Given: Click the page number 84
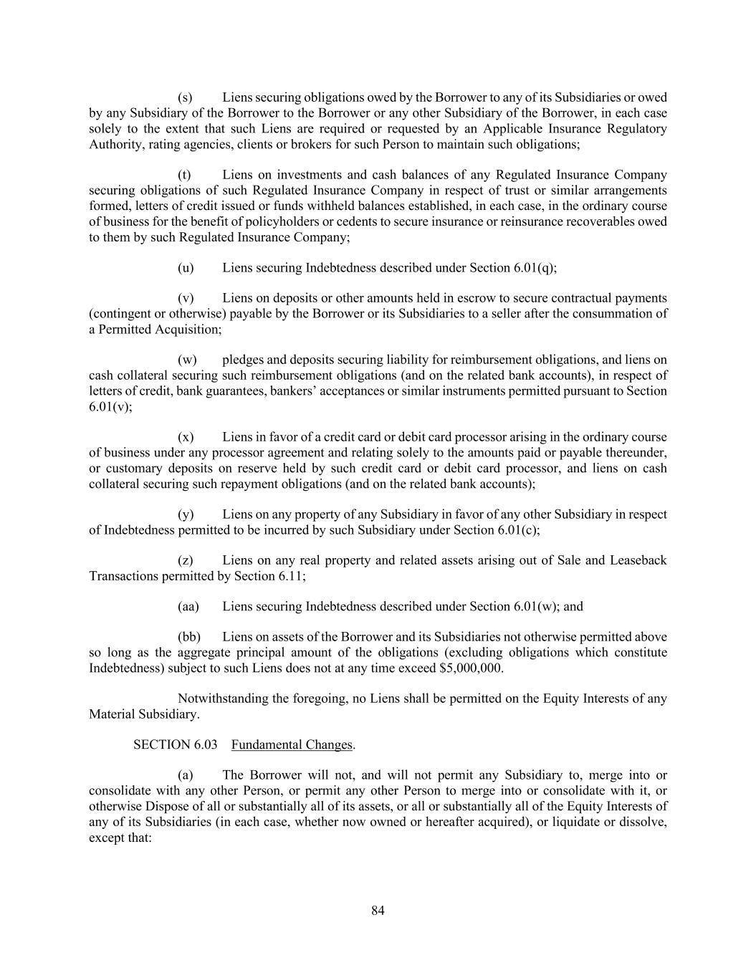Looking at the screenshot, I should click(378, 911).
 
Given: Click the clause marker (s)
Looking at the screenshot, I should click(185, 97).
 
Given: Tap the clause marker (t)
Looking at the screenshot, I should click(184, 175).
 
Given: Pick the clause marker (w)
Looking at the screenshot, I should click(186, 360).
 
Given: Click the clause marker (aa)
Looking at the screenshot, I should click(188, 606).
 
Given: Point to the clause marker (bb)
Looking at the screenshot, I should click(189, 637).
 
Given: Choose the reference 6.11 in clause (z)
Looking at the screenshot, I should click(290, 575).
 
